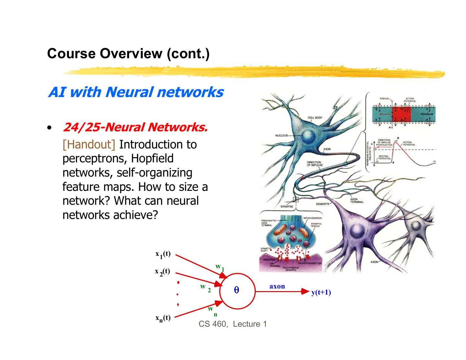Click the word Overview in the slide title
coord(130,53)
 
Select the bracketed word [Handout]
coord(89,144)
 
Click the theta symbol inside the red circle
coord(237,290)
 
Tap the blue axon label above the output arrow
coord(277,286)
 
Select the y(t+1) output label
coord(321,293)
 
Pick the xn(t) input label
coord(163,318)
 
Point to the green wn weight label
coord(212,311)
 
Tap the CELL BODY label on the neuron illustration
coord(315,118)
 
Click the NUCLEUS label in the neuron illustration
coord(281,135)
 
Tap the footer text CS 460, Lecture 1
coord(233,324)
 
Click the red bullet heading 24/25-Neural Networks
coord(135,127)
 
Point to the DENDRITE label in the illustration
coord(322,204)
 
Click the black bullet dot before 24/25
coord(49,128)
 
